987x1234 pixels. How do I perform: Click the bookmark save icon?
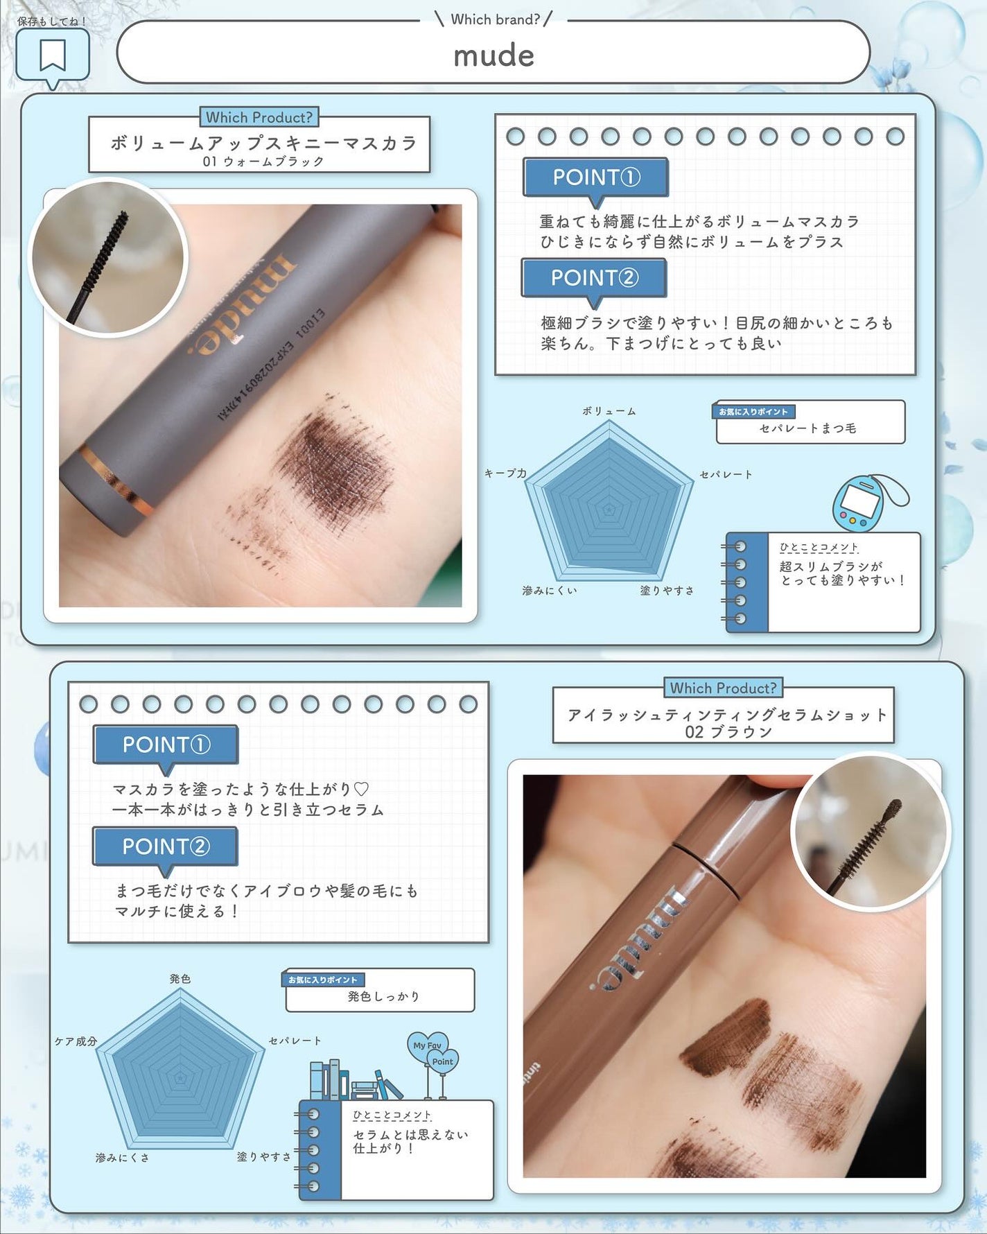tap(53, 55)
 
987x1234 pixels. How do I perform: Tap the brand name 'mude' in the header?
tap(493, 56)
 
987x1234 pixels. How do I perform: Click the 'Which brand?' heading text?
tap(495, 19)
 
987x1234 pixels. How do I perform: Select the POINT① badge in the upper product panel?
tap(595, 178)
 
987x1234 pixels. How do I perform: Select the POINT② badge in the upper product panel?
tap(594, 279)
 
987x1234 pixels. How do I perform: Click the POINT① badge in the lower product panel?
tap(166, 745)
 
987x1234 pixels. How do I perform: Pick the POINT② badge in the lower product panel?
tap(165, 847)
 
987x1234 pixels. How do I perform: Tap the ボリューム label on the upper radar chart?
tap(609, 411)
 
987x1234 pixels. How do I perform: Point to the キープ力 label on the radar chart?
tap(505, 473)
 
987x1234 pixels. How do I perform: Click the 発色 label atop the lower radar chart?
tap(180, 979)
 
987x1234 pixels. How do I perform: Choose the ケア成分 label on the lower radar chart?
tap(76, 1041)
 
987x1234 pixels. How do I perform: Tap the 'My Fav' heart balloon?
tap(427, 1046)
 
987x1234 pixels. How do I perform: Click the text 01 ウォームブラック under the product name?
tap(263, 162)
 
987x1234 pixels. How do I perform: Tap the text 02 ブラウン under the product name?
tap(728, 732)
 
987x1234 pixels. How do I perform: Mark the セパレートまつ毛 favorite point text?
tap(807, 428)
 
